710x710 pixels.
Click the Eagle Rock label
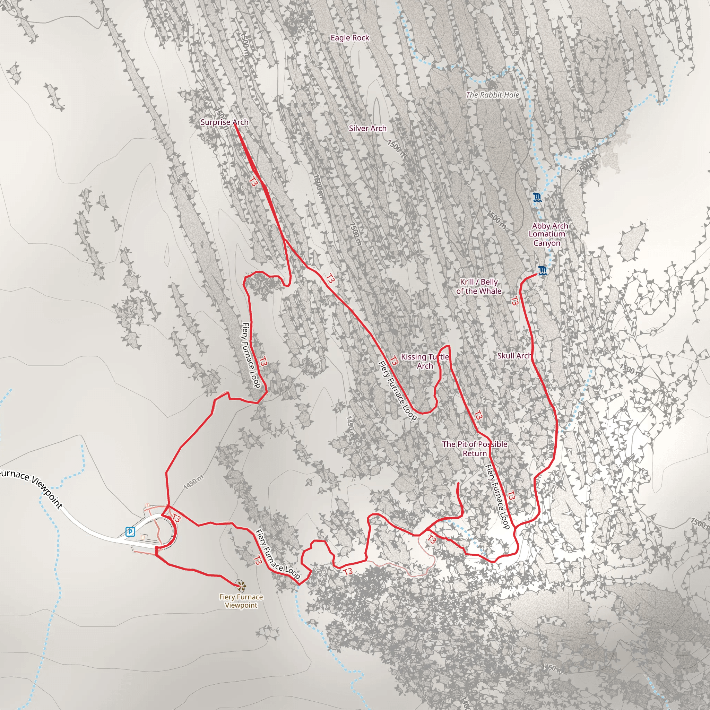pyautogui.click(x=349, y=38)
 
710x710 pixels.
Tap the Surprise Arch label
pyautogui.click(x=224, y=122)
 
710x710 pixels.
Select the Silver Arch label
pyautogui.click(x=367, y=128)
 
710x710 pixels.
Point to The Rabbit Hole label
pyautogui.click(x=492, y=95)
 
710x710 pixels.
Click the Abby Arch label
pyautogui.click(x=550, y=226)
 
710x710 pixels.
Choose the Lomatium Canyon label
pyautogui.click(x=547, y=239)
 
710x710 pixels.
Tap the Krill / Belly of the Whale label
pyautogui.click(x=478, y=286)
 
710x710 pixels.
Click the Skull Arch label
pyautogui.click(x=514, y=355)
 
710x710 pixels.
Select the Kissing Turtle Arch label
pyautogui.click(x=425, y=361)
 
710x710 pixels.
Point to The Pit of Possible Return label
pyautogui.click(x=475, y=448)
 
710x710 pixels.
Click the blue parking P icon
pyautogui.click(x=130, y=531)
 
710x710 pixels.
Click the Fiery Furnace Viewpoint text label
pyautogui.click(x=241, y=601)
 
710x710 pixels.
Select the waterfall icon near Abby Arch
pyautogui.click(x=537, y=198)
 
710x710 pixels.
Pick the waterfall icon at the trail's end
pyautogui.click(x=543, y=271)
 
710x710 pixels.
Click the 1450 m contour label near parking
pyautogui.click(x=193, y=482)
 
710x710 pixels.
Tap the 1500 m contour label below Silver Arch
pyautogui.click(x=397, y=149)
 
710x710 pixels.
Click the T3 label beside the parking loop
pyautogui.click(x=176, y=518)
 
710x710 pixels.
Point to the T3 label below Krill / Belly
pyautogui.click(x=514, y=301)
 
